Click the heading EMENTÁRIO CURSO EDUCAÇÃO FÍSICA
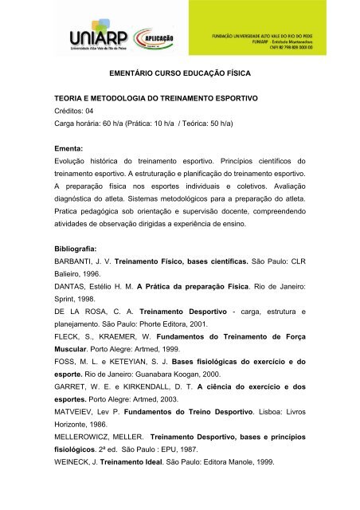[180, 73]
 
